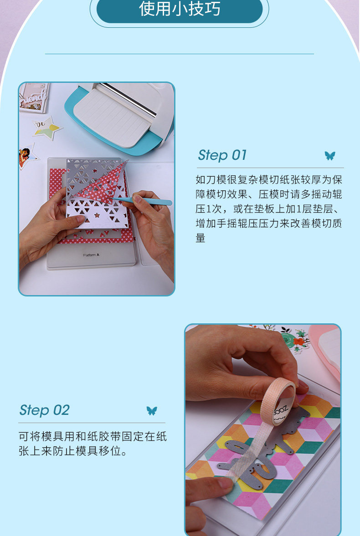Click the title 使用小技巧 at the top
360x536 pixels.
click(180, 9)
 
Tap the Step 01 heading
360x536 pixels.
click(222, 155)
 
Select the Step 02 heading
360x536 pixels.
click(45, 410)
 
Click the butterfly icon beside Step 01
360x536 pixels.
click(330, 156)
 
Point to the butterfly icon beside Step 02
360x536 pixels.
click(152, 411)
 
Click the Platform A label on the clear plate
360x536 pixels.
click(91, 255)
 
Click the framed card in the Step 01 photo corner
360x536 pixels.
click(34, 98)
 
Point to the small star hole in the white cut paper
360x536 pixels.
click(97, 215)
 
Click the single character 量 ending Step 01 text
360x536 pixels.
click(201, 238)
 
